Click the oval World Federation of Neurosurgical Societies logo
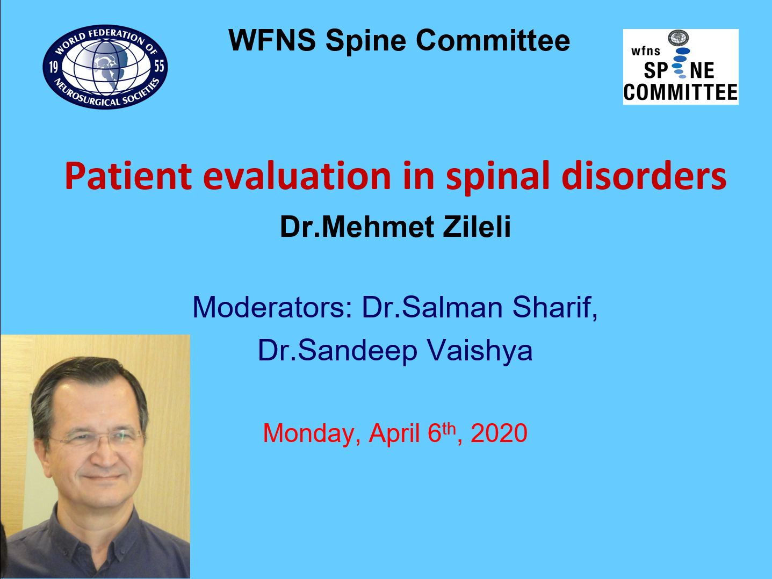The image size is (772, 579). (x=105, y=67)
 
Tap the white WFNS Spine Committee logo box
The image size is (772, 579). (x=681, y=67)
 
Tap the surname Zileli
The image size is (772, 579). (x=477, y=227)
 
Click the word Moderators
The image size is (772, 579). (x=272, y=307)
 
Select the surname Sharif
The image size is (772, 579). (x=554, y=307)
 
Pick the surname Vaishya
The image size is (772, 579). (x=480, y=351)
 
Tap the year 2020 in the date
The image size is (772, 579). (x=499, y=433)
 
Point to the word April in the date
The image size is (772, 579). (x=394, y=433)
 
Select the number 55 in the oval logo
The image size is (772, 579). (x=159, y=66)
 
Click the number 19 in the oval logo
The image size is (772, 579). (x=53, y=67)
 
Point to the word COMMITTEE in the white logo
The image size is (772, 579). (x=681, y=93)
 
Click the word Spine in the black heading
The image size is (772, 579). (x=366, y=41)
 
